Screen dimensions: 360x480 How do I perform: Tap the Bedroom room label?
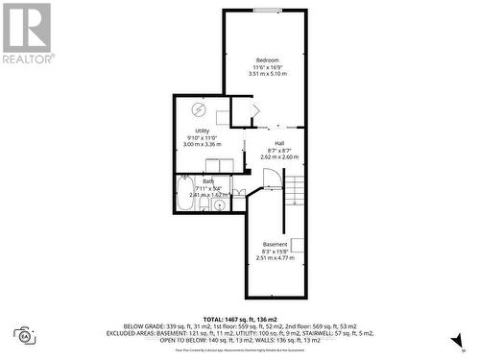click(x=268, y=58)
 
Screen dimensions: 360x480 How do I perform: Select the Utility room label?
click(x=202, y=131)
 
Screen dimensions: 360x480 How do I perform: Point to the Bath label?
click(x=208, y=180)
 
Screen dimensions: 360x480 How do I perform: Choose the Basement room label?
click(x=274, y=245)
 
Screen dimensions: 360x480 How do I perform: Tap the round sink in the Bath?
click(x=220, y=204)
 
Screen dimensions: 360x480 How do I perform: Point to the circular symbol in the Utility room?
click(x=198, y=108)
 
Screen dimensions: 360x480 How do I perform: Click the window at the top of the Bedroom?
click(x=268, y=11)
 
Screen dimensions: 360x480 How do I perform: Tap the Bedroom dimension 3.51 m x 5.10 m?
click(x=268, y=73)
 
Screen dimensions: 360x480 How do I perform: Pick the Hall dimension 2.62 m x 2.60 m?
click(x=278, y=156)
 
